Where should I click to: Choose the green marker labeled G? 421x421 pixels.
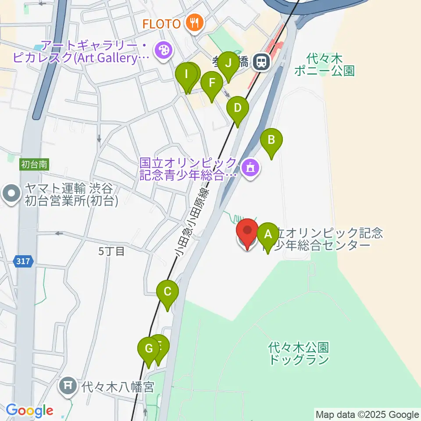[x=148, y=349]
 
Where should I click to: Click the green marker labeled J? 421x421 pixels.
[x=228, y=64]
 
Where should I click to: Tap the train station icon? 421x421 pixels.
[x=261, y=62]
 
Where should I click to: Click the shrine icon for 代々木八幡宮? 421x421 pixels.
[x=68, y=386]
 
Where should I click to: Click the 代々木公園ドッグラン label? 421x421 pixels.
[x=299, y=354]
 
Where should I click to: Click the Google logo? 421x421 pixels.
[x=29, y=411]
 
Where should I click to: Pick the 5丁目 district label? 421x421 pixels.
[x=111, y=251]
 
